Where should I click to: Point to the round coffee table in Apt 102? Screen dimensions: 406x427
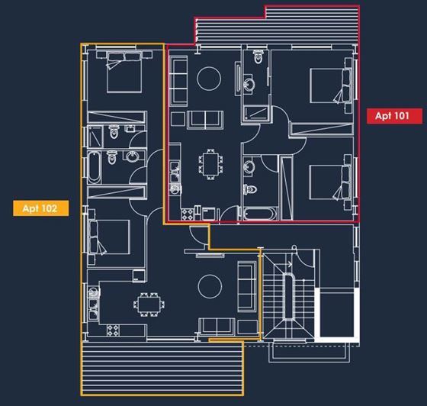click(209, 285)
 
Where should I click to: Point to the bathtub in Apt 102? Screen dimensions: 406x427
click(93, 167)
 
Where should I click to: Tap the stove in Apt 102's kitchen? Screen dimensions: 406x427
click(114, 330)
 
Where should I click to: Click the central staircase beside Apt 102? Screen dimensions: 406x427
click(288, 298)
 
